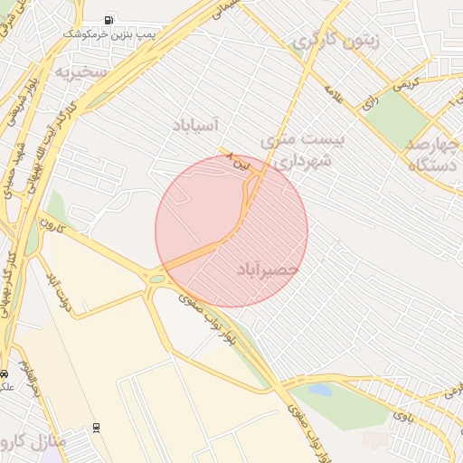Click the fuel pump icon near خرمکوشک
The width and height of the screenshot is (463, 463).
coord(109,19)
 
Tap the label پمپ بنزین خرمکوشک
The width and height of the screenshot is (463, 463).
coord(103,33)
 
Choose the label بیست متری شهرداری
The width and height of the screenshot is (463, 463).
coord(296,150)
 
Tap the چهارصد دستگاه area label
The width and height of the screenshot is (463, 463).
coord(433,155)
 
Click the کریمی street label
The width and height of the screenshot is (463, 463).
coord(400,84)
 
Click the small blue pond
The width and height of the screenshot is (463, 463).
coord(320,390)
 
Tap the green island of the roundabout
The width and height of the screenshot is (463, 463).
coord(157,279)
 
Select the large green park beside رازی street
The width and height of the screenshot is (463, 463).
coord(395,118)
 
